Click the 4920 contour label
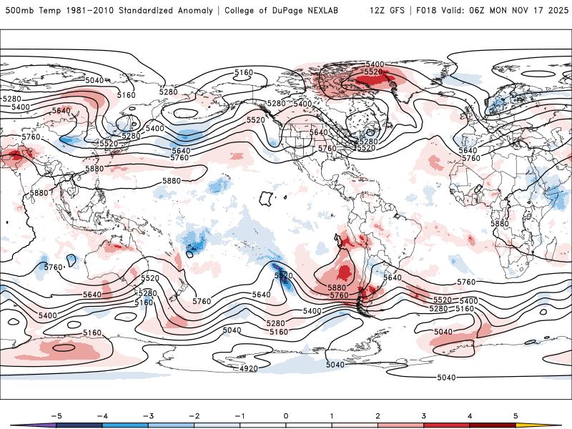click(x=248, y=369)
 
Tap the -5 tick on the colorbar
click(x=55, y=415)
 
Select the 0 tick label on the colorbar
click(x=285, y=415)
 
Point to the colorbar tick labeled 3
click(x=424, y=415)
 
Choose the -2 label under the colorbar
click(x=193, y=415)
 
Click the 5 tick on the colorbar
click(x=516, y=415)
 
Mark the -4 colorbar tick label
click(x=101, y=415)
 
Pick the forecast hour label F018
click(x=423, y=11)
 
